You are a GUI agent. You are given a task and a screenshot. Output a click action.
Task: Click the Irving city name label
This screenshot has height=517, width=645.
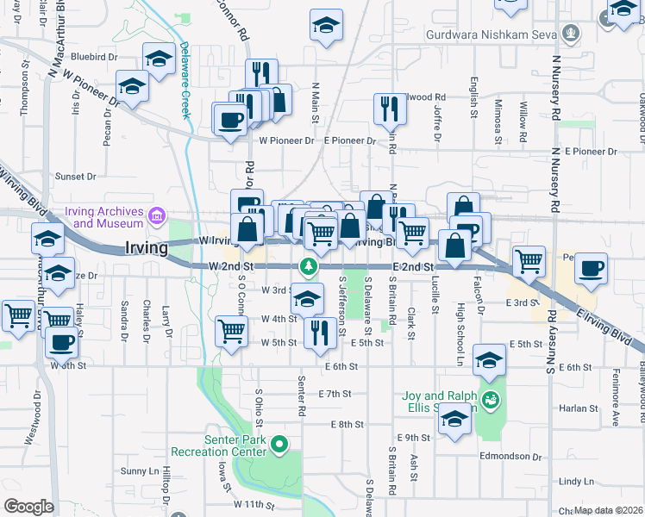tap(145, 247)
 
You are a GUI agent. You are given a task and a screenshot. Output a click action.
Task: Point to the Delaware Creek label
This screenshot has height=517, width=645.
tap(184, 82)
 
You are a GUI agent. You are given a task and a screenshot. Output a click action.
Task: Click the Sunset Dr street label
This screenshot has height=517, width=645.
tap(76, 177)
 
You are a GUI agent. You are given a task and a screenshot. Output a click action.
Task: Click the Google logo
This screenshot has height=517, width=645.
tap(28, 506)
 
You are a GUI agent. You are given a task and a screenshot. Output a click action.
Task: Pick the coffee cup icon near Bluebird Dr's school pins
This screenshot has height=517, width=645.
tap(230, 121)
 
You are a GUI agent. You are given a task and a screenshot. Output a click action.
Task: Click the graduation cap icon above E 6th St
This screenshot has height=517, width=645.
tap(489, 361)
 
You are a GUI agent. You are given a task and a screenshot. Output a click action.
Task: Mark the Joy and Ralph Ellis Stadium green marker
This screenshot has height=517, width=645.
tap(491, 400)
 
